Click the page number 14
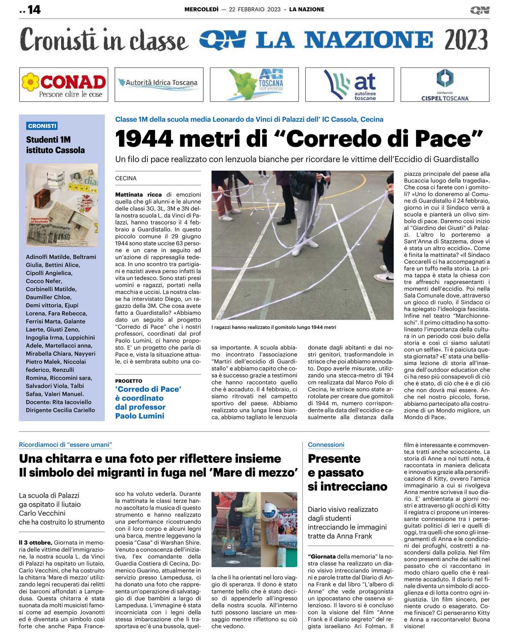click(x=34, y=10)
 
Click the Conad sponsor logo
click(x=64, y=85)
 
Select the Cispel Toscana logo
click(x=445, y=85)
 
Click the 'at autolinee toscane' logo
click(x=350, y=85)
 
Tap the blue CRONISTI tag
click(x=42, y=126)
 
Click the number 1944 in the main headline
click(x=144, y=139)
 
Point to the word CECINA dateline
click(x=126, y=179)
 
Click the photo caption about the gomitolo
click(x=274, y=327)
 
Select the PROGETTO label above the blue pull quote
click(x=128, y=381)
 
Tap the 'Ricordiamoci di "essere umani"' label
click(x=66, y=445)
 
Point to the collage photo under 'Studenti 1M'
click(x=62, y=205)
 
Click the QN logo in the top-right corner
click(x=479, y=10)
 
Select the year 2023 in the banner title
click(x=466, y=40)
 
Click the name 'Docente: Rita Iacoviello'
click(x=59, y=402)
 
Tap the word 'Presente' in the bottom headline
click(x=334, y=458)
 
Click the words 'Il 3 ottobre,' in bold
click(x=35, y=542)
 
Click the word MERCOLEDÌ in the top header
click(x=201, y=10)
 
